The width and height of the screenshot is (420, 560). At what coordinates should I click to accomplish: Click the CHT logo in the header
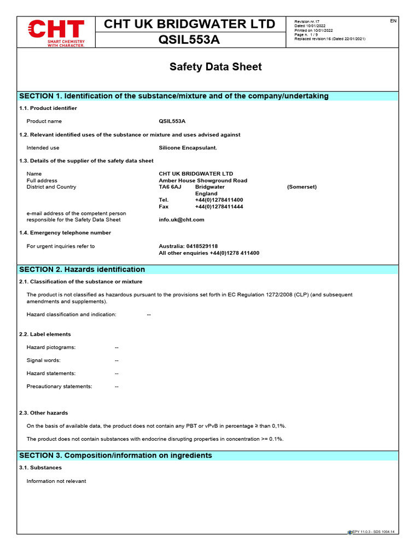click(x=56, y=32)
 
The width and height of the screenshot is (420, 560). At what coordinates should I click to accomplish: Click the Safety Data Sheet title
click(x=215, y=67)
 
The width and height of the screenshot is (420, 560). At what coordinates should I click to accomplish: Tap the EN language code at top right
click(x=393, y=21)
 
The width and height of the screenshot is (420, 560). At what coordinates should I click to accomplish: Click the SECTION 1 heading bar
click(x=174, y=96)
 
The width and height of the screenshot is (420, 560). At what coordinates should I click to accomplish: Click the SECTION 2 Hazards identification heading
click(x=82, y=270)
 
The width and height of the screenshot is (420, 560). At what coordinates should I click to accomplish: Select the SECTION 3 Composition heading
click(x=115, y=456)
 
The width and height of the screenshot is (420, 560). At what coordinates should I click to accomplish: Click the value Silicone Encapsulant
click(x=188, y=148)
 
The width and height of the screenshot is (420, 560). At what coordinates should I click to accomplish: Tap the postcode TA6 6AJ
click(x=170, y=187)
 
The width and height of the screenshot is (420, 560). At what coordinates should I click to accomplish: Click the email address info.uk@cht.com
click(x=181, y=220)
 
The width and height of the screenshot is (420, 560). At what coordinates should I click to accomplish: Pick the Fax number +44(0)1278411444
click(x=219, y=207)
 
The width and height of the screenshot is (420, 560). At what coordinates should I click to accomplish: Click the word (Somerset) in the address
click(x=301, y=187)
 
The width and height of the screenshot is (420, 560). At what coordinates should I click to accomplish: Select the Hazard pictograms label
click(x=51, y=347)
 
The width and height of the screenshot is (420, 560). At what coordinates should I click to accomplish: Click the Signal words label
click(x=43, y=360)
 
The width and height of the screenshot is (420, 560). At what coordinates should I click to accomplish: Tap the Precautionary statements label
click(x=59, y=387)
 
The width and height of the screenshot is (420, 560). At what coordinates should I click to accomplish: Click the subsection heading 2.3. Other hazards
click(x=44, y=413)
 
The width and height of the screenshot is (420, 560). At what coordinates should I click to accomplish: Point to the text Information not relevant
click(x=56, y=481)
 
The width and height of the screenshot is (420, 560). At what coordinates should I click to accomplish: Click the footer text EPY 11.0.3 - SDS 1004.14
click(x=373, y=532)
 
